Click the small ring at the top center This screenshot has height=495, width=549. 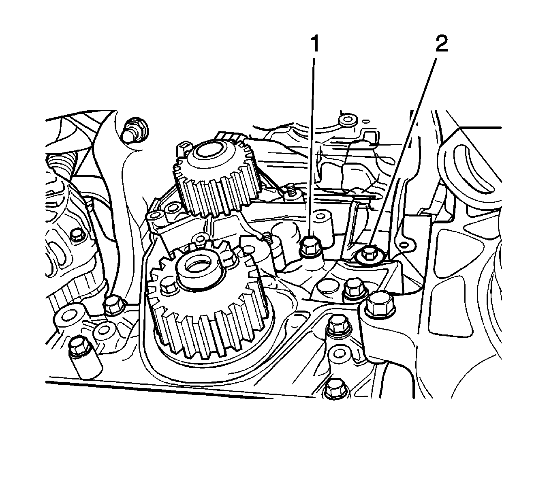(347, 120)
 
